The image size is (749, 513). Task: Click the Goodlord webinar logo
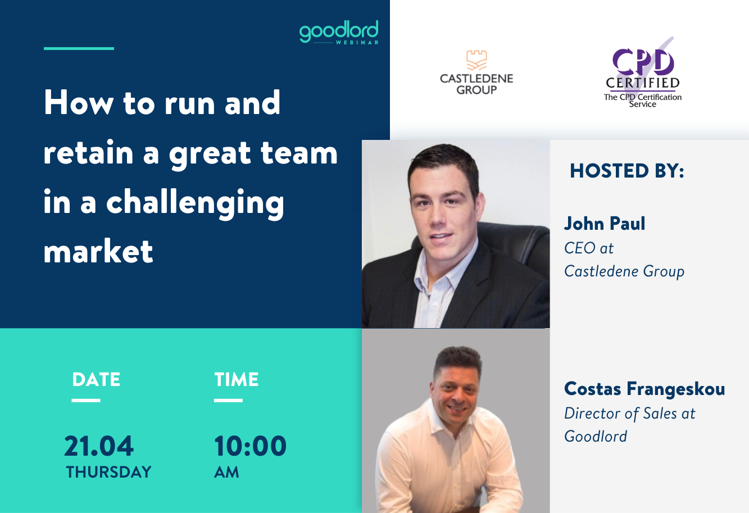click(339, 33)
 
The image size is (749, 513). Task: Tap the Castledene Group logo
click(476, 72)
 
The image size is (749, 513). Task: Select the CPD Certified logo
click(643, 72)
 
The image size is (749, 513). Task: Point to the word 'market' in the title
click(98, 251)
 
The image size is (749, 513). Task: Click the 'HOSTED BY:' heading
click(627, 171)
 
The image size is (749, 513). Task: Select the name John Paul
click(605, 224)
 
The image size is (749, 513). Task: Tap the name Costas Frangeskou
click(644, 389)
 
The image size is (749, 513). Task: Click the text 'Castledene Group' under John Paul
click(624, 271)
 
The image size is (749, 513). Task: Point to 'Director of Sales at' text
click(630, 414)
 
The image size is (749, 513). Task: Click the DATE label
click(96, 380)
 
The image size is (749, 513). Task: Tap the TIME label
click(237, 380)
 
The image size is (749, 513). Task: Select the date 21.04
click(99, 446)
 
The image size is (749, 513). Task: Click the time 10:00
click(251, 446)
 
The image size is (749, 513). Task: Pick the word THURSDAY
click(108, 472)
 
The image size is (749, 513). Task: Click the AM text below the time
click(226, 472)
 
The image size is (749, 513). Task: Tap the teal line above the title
click(79, 48)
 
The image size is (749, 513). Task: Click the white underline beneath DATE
click(86, 400)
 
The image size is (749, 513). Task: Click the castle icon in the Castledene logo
click(476, 60)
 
